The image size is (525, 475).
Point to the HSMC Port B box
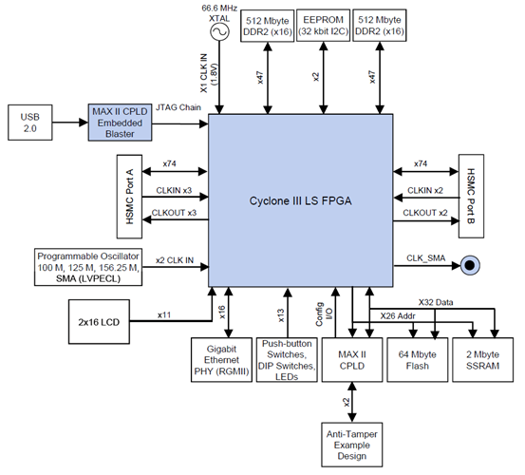click(472, 194)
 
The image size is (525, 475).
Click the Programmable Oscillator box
click(87, 269)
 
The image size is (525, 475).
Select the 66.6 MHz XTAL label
click(219, 12)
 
